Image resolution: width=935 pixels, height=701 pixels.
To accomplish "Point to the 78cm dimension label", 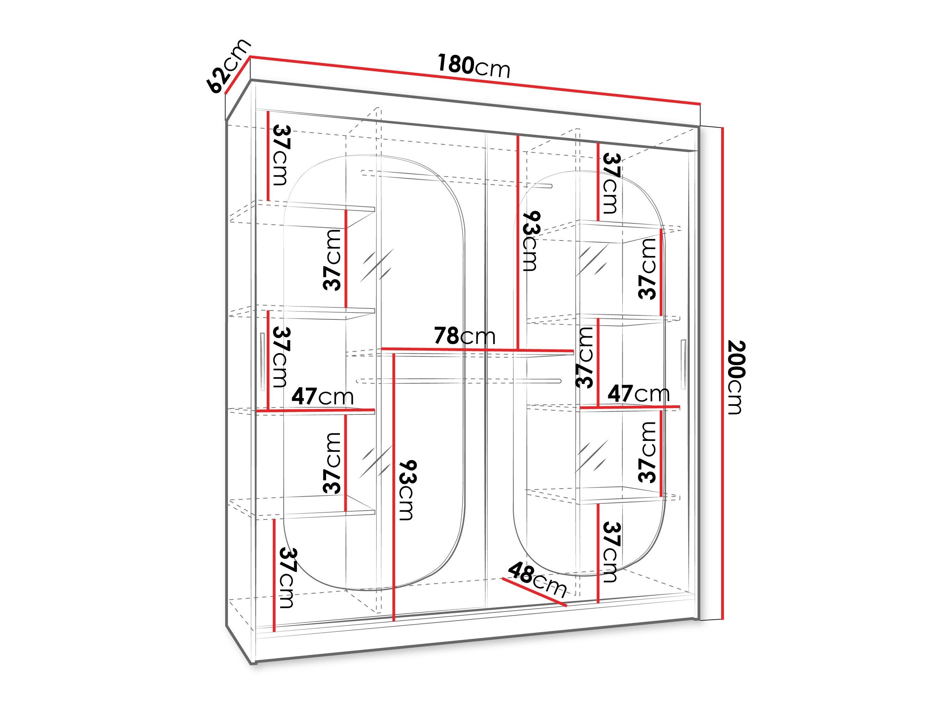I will point(464,336).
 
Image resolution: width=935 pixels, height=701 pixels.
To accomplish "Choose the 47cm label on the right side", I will point(638,394).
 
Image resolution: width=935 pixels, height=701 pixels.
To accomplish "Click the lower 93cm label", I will point(407,490).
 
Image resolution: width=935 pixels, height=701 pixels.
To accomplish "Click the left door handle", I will point(262,362).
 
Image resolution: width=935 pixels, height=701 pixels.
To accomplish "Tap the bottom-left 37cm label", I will point(286,578).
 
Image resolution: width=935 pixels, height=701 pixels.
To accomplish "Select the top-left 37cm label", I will point(281,155).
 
